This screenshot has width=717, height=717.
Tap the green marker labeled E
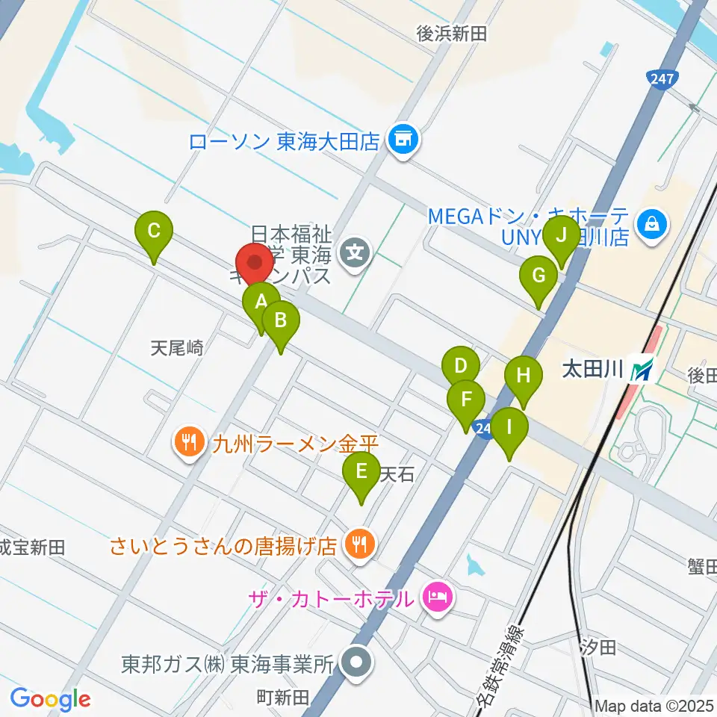click(x=361, y=472)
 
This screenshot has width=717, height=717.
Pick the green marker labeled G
click(x=538, y=276)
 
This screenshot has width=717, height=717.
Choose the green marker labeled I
click(x=509, y=429)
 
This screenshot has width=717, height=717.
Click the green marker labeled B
click(x=281, y=321)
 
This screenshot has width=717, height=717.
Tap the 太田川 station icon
click(x=641, y=370)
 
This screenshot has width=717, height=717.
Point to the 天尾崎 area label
click(x=177, y=347)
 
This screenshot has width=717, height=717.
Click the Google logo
click(x=50, y=698)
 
